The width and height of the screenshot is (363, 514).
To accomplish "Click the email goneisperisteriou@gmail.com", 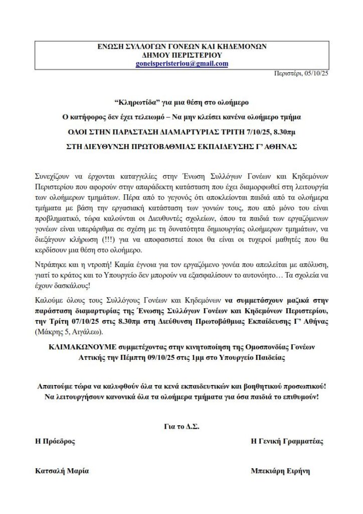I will pyautogui.click(x=181, y=64).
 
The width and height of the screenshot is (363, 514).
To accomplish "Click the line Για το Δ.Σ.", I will pyautogui.click(x=181, y=426).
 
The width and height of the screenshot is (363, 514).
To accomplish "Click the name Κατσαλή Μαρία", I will pyautogui.click(x=62, y=471).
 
